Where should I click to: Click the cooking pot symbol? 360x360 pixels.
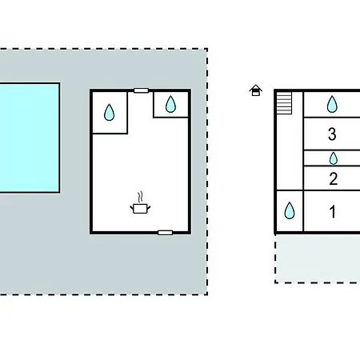pyautogui.click(x=140, y=208)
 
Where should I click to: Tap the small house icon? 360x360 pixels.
pyautogui.click(x=255, y=90)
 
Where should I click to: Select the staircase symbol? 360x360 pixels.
pyautogui.click(x=284, y=103)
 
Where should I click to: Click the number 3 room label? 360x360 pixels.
pyautogui.click(x=332, y=134)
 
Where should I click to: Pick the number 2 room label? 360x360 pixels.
pyautogui.click(x=334, y=178)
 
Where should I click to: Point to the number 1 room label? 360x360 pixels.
pyautogui.click(x=333, y=212)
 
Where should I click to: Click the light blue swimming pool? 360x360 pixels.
pyautogui.click(x=30, y=138)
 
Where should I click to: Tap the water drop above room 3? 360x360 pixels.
pyautogui.click(x=332, y=104)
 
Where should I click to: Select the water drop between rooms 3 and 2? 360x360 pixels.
pyautogui.click(x=334, y=158)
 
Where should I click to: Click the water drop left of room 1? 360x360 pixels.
pyautogui.click(x=290, y=210)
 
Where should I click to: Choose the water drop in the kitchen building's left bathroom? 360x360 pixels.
pyautogui.click(x=109, y=112)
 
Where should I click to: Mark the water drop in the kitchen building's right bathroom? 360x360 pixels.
pyautogui.click(x=170, y=104)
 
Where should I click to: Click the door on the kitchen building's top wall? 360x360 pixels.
pyautogui.click(x=141, y=90)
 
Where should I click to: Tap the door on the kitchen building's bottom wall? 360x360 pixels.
pyautogui.click(x=165, y=233)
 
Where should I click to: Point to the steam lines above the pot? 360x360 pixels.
pyautogui.click(x=141, y=198)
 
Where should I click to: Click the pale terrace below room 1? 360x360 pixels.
pyautogui.click(x=318, y=258)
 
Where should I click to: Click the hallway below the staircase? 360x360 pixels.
pyautogui.click(x=290, y=152)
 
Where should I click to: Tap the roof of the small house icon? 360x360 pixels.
pyautogui.click(x=255, y=87)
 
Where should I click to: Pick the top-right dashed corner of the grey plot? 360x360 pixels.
pyautogui.click(x=207, y=49)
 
